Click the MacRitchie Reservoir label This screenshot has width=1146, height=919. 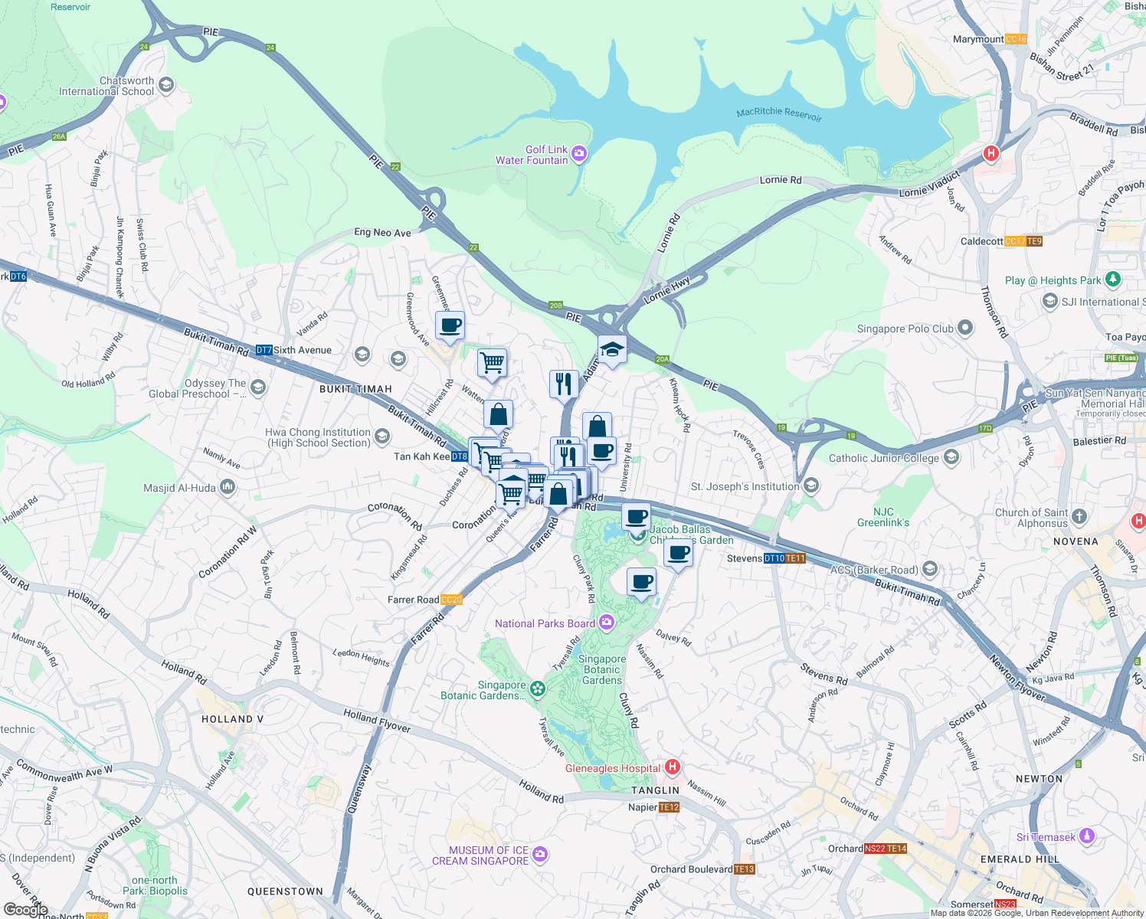point(779,113)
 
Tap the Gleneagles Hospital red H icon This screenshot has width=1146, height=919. point(673,767)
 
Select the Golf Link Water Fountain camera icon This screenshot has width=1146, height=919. point(579,154)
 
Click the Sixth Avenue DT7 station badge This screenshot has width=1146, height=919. point(264,350)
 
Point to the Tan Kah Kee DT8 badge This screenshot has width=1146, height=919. point(459,456)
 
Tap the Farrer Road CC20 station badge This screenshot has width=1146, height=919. point(452,600)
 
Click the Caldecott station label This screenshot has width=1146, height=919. point(981,241)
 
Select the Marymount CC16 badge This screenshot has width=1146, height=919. point(1015,39)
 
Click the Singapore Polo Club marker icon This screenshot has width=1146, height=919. point(965,329)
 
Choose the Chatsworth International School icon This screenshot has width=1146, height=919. point(166,85)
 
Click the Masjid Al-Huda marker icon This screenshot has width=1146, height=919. point(227,487)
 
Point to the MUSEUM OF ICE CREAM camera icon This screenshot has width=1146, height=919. point(540,854)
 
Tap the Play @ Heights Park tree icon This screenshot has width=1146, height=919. point(1113,280)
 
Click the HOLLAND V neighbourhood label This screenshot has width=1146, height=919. point(232,719)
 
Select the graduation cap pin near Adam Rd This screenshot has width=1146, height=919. point(612,350)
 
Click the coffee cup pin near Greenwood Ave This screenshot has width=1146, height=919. point(451,325)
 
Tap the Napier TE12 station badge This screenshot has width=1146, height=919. point(669,807)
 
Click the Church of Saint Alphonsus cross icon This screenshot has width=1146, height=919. point(1079,515)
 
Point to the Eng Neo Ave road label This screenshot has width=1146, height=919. point(382,233)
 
